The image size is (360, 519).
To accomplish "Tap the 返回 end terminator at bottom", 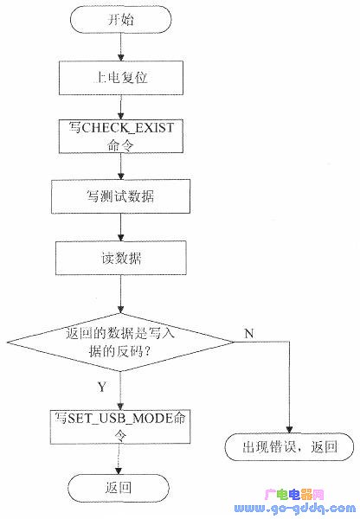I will [120, 488].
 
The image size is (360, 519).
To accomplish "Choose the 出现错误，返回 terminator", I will [289, 447].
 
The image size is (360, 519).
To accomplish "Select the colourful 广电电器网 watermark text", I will [292, 496].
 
